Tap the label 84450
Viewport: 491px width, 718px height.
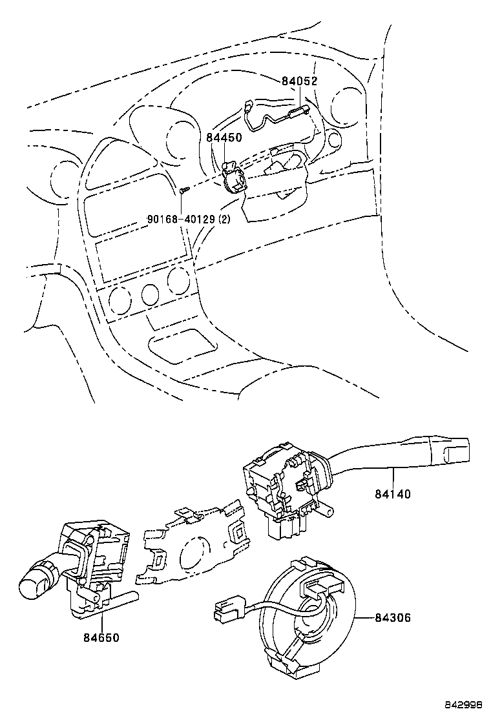[225, 138]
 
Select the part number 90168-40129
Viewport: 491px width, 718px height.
[182, 218]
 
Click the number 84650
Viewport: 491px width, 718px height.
[101, 637]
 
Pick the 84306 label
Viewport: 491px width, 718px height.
[393, 618]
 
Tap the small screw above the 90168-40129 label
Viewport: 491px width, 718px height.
[184, 190]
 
